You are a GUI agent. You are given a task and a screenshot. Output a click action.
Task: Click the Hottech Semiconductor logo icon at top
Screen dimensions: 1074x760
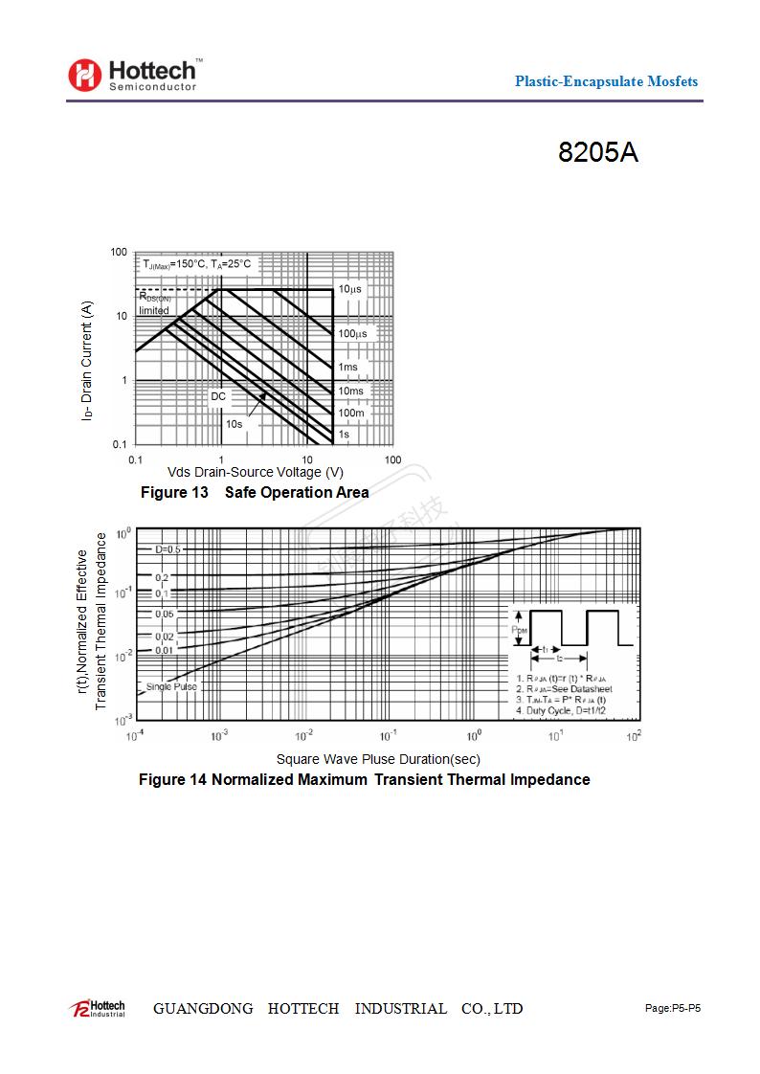[84, 75]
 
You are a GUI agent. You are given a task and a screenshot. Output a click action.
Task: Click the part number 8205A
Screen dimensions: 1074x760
[598, 153]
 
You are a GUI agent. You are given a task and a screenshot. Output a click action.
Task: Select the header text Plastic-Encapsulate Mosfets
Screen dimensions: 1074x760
[606, 81]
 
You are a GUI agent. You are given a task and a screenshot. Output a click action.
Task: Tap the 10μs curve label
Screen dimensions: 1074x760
[349, 289]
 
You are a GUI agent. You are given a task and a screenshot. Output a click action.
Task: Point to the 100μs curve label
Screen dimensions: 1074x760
[352, 334]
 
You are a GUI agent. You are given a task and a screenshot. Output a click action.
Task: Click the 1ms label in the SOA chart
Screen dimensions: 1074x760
[347, 368]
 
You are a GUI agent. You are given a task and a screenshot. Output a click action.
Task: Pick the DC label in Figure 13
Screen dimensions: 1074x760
[218, 395]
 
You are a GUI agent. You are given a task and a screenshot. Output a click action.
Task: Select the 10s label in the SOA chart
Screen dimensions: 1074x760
[234, 424]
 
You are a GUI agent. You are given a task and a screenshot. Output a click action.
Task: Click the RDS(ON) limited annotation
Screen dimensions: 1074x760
[154, 304]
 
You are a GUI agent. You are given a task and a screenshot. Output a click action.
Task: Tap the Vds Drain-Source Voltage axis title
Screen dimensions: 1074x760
[255, 472]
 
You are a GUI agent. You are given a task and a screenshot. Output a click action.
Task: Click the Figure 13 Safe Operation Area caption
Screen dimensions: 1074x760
[255, 493]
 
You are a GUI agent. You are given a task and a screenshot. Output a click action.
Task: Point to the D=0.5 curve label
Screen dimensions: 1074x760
[168, 549]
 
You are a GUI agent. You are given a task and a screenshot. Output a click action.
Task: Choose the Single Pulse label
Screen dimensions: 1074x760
[171, 686]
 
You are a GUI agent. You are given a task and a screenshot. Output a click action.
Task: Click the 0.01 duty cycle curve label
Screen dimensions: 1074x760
[165, 651]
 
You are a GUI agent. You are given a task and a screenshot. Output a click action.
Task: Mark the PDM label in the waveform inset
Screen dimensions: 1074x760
[519, 629]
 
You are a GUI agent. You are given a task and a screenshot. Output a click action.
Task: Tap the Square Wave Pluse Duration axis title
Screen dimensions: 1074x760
[378, 759]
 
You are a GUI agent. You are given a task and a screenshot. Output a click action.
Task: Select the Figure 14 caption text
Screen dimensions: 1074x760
[364, 780]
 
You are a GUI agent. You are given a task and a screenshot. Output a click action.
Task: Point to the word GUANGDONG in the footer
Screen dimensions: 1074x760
[203, 1009]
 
